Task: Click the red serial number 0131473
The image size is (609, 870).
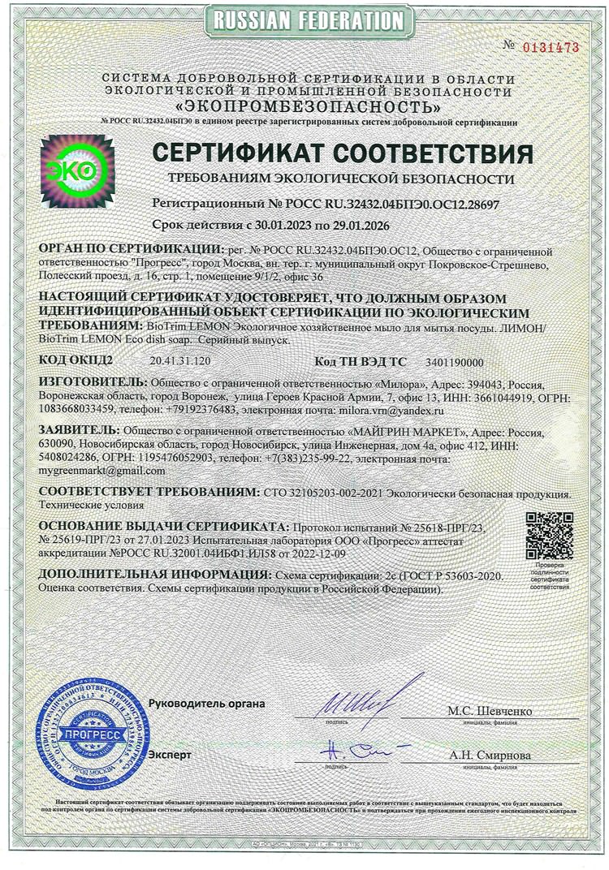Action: (551, 47)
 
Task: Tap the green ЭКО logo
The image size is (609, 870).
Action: (78, 169)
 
